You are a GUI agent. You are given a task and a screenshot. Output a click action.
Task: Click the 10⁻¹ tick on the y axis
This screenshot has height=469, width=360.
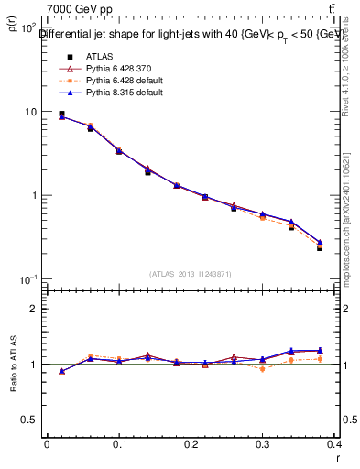point(27,279)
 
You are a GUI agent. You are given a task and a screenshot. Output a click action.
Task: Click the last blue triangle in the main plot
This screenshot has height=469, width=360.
point(320,243)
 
